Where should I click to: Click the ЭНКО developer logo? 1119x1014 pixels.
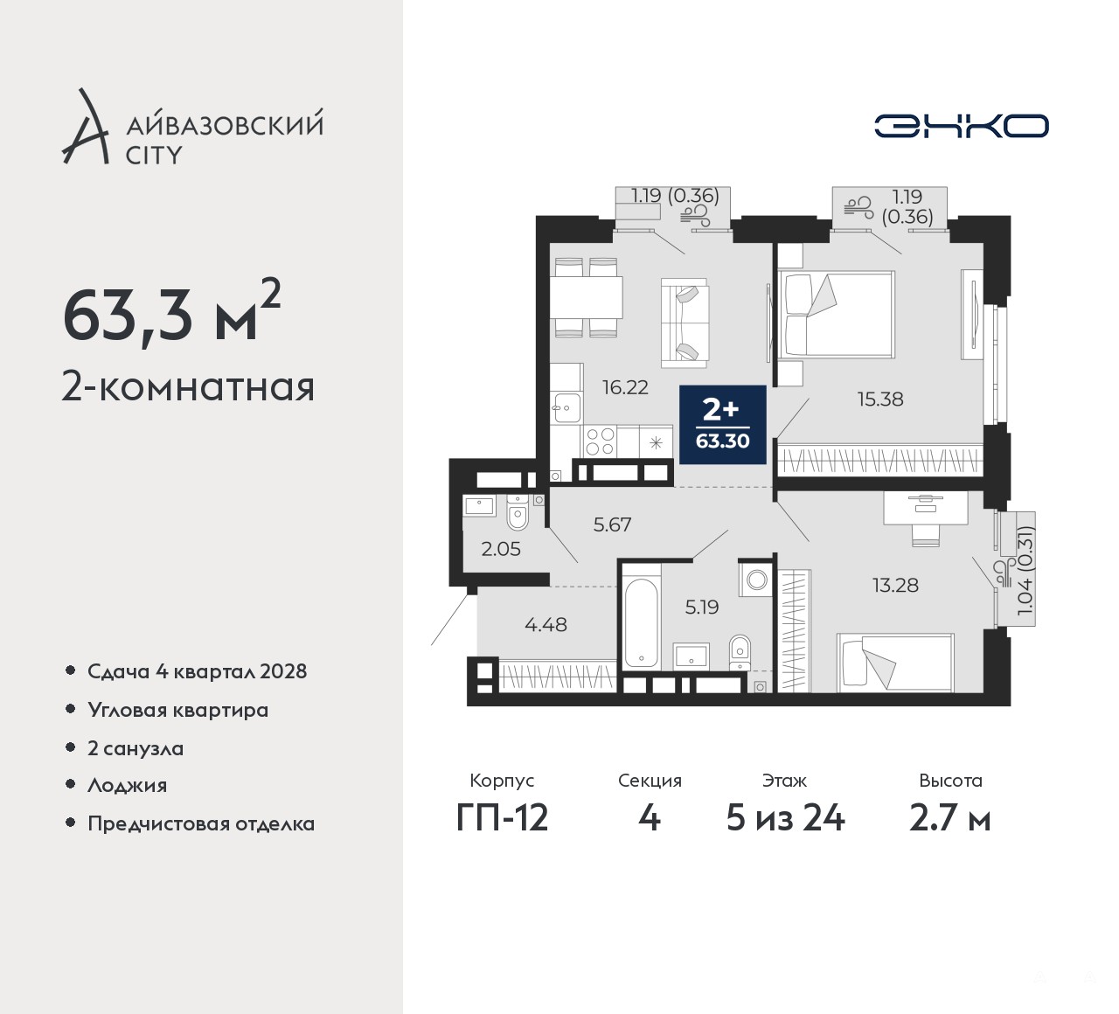(961, 126)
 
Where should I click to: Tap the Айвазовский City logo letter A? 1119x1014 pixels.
(85, 126)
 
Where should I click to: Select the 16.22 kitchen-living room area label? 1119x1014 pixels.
(625, 387)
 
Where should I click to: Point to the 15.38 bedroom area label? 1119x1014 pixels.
(880, 399)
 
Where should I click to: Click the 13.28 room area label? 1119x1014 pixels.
(895, 585)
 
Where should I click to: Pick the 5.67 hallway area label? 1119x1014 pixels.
(612, 524)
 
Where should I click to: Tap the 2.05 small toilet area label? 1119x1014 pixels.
(501, 549)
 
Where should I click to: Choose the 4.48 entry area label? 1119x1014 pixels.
(546, 625)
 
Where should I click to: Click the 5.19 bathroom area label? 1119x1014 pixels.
(702, 607)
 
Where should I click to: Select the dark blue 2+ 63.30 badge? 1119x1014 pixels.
(722, 425)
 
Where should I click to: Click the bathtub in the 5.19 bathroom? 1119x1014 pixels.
(641, 622)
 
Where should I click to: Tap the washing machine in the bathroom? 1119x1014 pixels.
(757, 580)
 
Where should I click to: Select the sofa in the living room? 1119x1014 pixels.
(685, 323)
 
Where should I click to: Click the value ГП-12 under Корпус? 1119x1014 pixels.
(503, 818)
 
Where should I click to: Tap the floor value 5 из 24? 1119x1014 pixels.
(785, 818)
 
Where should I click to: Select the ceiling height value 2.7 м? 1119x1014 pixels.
(950, 818)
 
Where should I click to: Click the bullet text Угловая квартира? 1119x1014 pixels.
(178, 711)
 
